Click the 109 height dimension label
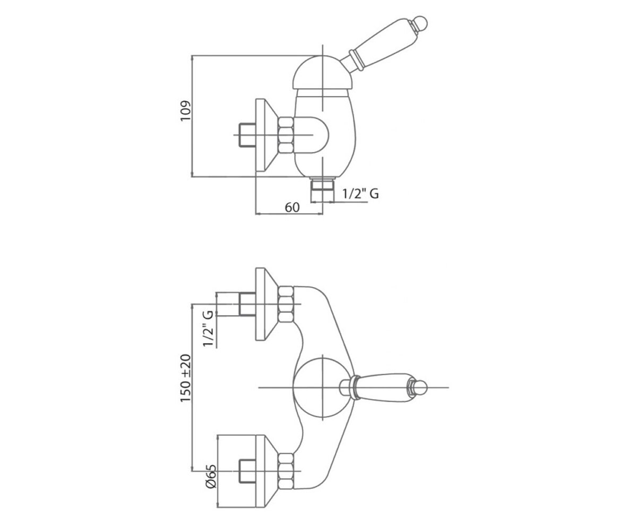(185, 110)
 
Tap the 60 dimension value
(292, 208)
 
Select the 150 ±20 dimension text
(185, 378)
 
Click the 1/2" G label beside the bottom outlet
(360, 193)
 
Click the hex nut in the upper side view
(286, 135)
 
